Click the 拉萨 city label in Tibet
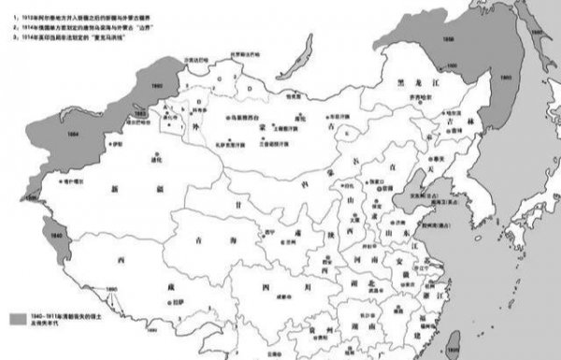click(x=175, y=302)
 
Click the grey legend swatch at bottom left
click(x=16, y=319)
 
